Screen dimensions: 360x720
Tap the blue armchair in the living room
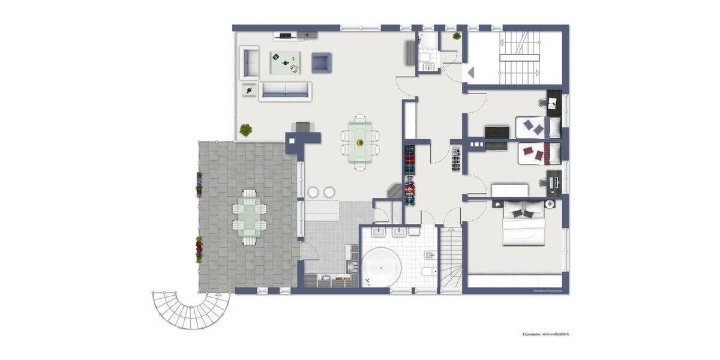(x=321, y=62)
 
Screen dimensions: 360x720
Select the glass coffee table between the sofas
(x=285, y=62)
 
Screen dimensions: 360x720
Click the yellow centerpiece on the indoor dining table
(x=360, y=143)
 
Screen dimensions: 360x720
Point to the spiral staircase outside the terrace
(x=191, y=307)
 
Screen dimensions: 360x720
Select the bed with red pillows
(x=538, y=154)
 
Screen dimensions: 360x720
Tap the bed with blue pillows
(x=538, y=127)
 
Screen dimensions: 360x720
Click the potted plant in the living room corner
(x=245, y=130)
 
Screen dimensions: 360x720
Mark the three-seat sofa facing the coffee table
(x=285, y=91)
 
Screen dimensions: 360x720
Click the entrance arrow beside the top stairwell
(x=470, y=73)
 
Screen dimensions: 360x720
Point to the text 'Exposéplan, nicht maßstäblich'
(x=544, y=334)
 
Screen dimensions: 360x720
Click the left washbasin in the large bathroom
(x=379, y=232)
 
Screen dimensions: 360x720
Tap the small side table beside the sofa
(x=248, y=89)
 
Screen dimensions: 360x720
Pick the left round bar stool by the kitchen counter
(x=313, y=192)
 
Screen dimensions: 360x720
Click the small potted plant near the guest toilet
(x=457, y=36)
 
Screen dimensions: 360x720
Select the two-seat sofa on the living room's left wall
(x=250, y=62)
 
